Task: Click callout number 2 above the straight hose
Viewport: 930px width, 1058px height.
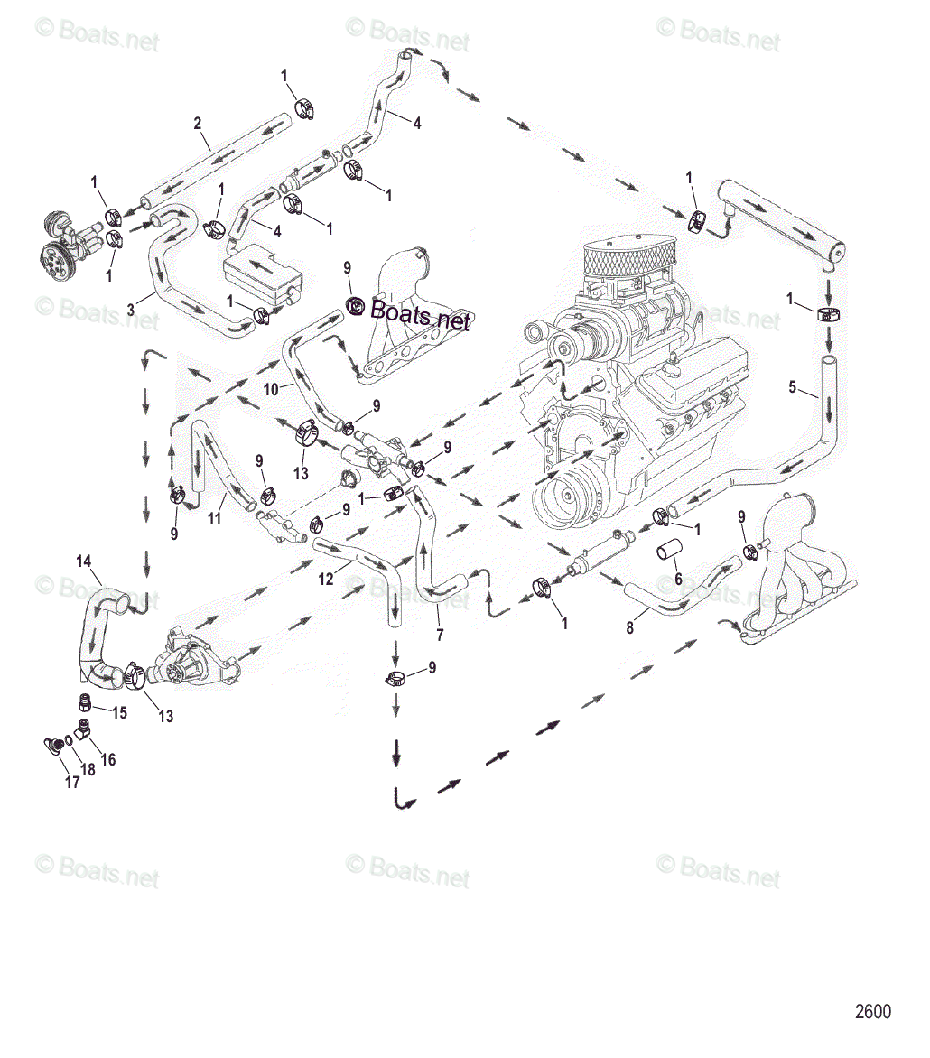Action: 198,123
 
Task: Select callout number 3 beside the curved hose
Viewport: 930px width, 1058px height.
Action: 131,310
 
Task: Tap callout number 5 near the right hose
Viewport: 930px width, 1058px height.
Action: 793,388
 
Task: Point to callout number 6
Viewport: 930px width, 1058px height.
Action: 678,579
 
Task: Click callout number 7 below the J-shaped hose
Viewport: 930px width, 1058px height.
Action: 440,635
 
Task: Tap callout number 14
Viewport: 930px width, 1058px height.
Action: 84,561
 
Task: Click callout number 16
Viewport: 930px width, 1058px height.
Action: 107,759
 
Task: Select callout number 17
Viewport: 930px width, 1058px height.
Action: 72,783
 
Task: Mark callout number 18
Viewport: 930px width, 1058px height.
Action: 88,770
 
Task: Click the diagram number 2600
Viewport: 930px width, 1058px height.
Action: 873,1011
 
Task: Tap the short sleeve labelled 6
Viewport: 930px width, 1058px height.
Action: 670,550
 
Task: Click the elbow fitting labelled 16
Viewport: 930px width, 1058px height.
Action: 83,728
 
